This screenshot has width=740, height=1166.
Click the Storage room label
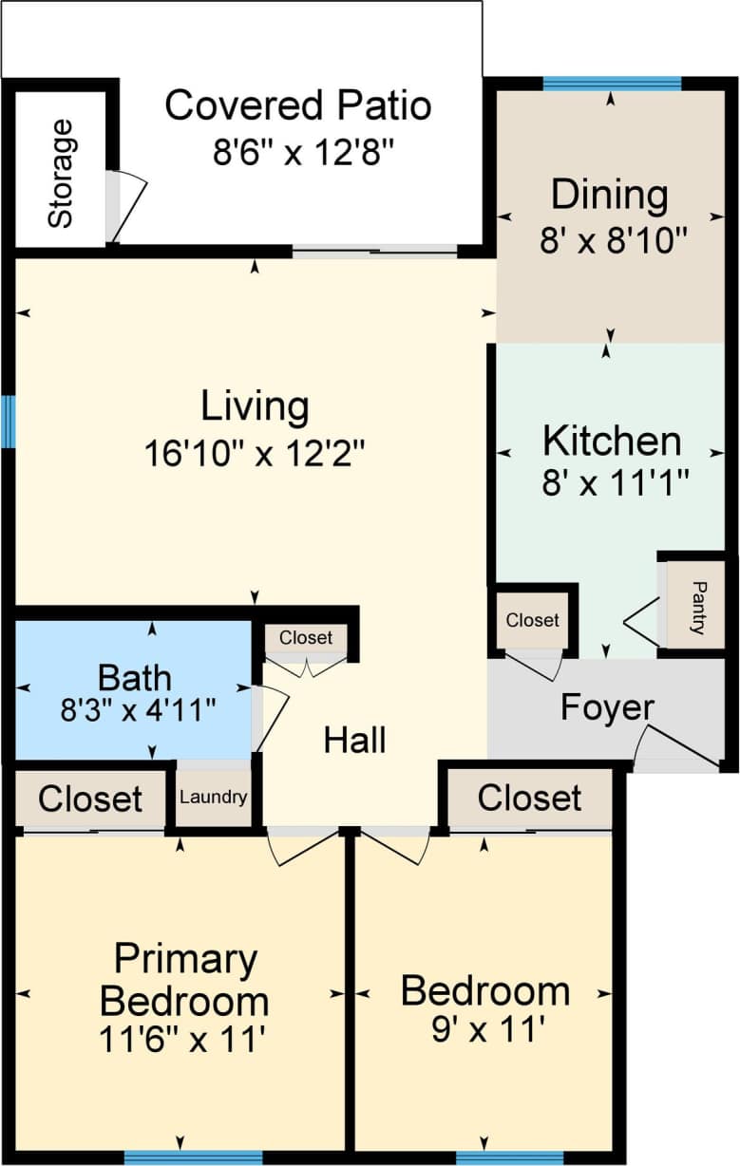pos(60,173)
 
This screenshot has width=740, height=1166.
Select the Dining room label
pos(610,195)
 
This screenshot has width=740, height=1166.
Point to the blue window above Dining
pos(612,84)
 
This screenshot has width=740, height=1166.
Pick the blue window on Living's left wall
pos(9,421)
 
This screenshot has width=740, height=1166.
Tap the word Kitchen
pos(612,442)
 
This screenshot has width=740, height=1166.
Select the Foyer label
pos(607,707)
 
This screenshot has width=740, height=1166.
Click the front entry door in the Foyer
pos(676,750)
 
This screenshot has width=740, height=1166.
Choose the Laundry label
pos(214,798)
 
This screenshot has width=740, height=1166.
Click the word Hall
pos(354,741)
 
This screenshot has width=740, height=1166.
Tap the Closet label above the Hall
pos(306,638)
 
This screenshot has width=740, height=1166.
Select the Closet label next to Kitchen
pos(532,620)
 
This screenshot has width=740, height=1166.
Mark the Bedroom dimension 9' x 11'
pos(487,1029)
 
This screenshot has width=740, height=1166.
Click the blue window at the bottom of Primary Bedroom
pos(193,1157)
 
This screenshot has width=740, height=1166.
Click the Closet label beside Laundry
pos(90,799)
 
